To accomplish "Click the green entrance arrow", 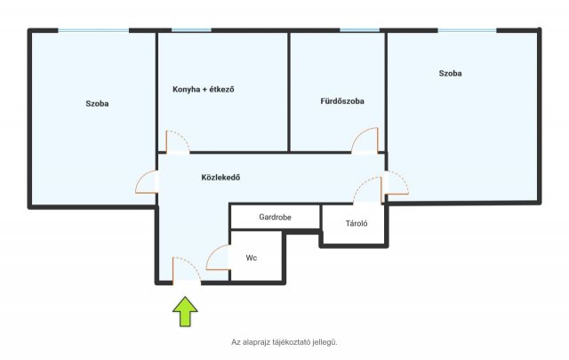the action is click(x=185, y=311).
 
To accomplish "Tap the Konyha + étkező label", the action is click(x=204, y=89).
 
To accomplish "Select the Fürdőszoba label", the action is click(x=342, y=101).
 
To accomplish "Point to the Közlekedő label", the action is click(x=220, y=178).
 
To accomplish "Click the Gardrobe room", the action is click(x=276, y=217).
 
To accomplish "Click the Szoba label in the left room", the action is click(x=97, y=103).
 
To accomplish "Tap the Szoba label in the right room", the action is click(x=451, y=73).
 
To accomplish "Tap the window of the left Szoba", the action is click(x=93, y=30).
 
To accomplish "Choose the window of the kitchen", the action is click(x=191, y=30).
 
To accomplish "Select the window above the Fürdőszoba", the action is click(x=359, y=30).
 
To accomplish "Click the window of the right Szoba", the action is click(x=467, y=30).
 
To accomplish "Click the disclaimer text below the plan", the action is click(x=284, y=342).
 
